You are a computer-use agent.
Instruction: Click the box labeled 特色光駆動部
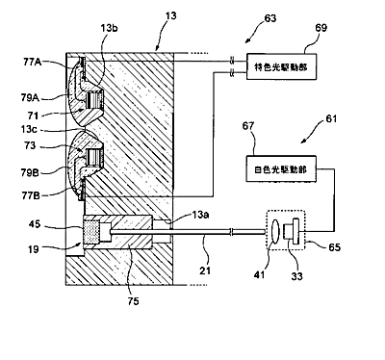pyautogui.click(x=281, y=66)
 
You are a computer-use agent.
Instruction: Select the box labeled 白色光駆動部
pyautogui.click(x=281, y=168)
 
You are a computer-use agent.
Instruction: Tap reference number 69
pyautogui.click(x=321, y=28)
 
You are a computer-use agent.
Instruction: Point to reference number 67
pyautogui.click(x=248, y=126)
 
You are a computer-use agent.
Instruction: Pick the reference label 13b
pyautogui.click(x=109, y=28)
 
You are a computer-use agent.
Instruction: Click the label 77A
pyautogui.click(x=33, y=62)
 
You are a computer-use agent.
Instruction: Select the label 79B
pyautogui.click(x=30, y=173)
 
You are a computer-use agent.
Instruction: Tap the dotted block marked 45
pyautogui.click(x=91, y=231)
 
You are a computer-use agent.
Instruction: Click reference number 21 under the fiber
pyautogui.click(x=205, y=270)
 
